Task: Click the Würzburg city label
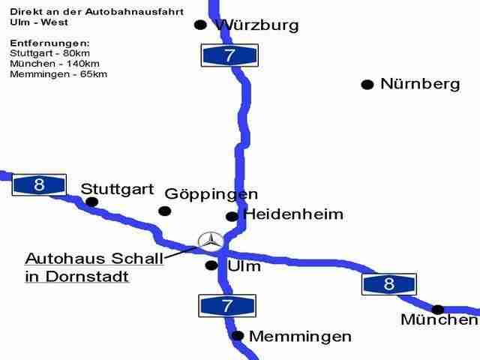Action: [x=257, y=25]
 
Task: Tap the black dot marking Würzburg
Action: [x=200, y=25]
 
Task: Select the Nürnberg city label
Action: [x=420, y=84]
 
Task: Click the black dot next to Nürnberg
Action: [x=367, y=85]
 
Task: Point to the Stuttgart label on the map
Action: [x=117, y=188]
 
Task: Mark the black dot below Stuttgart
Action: [x=92, y=202]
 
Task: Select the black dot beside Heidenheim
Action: [x=232, y=216]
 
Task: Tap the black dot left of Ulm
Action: [x=211, y=265]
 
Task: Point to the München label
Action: [x=439, y=321]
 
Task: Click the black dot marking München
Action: [x=439, y=309]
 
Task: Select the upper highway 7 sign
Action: [x=230, y=55]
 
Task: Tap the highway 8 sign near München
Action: [x=388, y=284]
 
